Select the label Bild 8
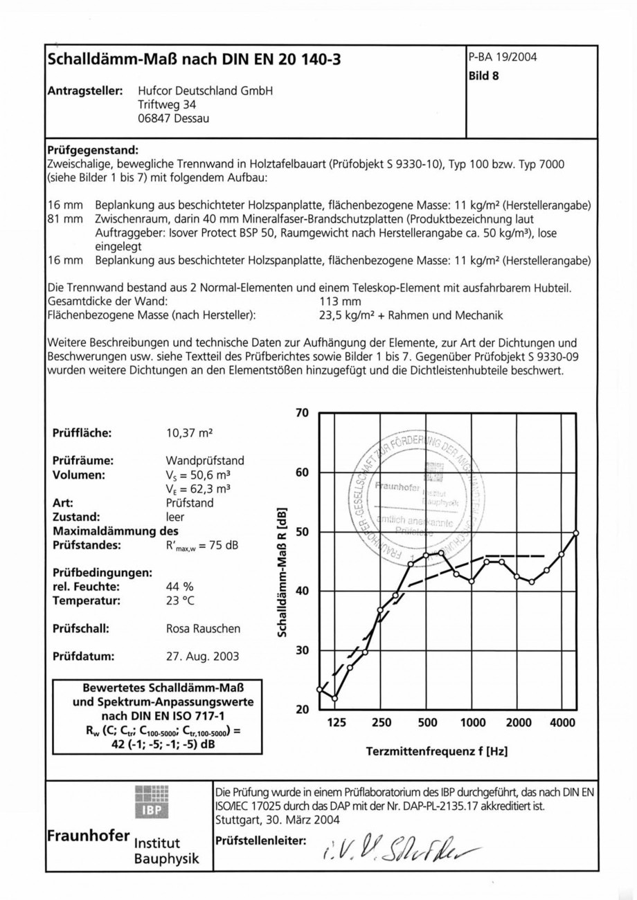coord(484,77)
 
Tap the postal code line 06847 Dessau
coord(174,118)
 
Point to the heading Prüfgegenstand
coord(92,149)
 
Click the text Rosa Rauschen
coord(203,629)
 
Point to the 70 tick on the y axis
coord(301,414)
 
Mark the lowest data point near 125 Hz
coord(334,699)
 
